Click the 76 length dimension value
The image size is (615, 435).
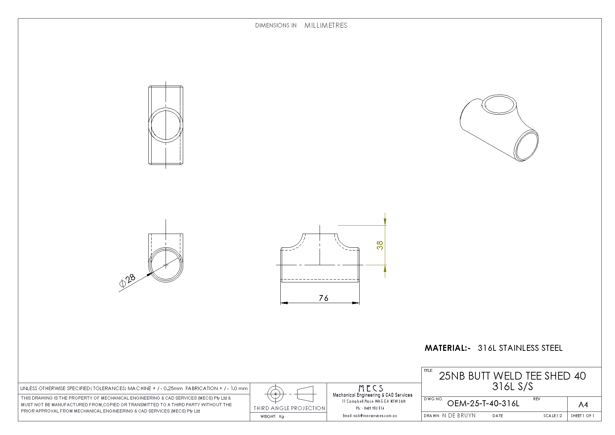pos(323,298)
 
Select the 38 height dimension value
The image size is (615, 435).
pos(380,245)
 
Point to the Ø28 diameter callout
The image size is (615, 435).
pos(127,281)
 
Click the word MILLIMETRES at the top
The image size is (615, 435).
pos(326,25)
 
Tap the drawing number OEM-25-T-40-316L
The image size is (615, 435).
pos(483,403)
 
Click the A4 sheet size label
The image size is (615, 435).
pos(583,405)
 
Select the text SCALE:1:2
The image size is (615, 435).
pos(553,416)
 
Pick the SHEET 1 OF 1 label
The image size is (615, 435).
pos(582,416)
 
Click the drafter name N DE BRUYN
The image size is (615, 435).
pos(459,415)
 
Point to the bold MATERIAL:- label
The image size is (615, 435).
pos(447,348)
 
